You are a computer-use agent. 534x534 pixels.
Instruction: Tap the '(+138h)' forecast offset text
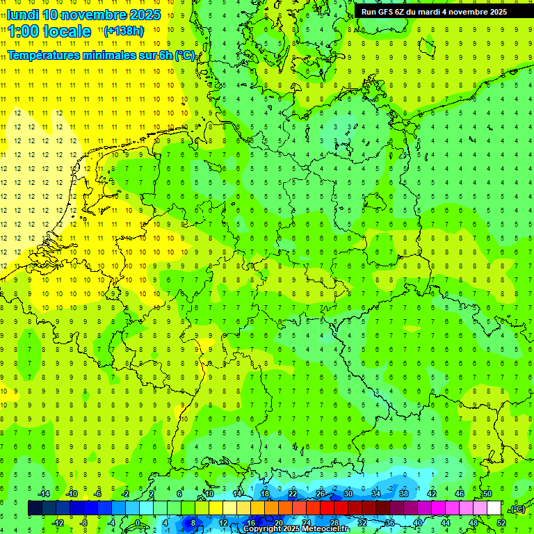(123, 31)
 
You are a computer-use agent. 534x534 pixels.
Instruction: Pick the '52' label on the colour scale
(501, 523)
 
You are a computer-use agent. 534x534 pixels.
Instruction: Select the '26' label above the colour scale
(321, 494)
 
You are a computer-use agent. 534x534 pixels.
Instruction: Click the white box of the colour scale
(494, 508)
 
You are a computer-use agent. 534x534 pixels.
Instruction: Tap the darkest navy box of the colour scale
(35, 508)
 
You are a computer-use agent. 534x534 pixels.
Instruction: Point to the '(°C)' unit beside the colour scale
(517, 509)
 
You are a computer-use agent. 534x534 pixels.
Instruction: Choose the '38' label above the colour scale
(404, 494)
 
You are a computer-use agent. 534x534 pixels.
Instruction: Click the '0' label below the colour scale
(138, 523)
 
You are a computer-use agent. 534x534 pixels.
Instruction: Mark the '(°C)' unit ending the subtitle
(185, 55)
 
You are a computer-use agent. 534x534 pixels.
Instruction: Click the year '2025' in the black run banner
(495, 12)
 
